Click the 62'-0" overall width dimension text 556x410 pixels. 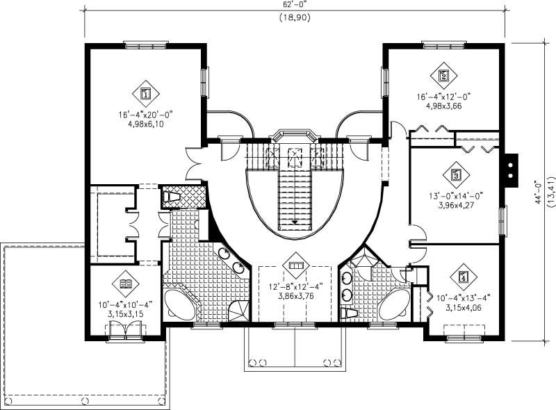pyautogui.click(x=295, y=4)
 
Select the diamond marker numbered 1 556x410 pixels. pyautogui.click(x=146, y=92)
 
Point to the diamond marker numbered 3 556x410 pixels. pyautogui.click(x=456, y=175)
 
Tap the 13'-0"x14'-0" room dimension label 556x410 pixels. pyautogui.click(x=455, y=196)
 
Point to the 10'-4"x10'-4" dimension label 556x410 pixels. pyautogui.click(x=125, y=304)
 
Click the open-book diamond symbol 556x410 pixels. pyautogui.click(x=126, y=284)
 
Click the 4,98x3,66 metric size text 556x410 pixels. pyautogui.click(x=443, y=106)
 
